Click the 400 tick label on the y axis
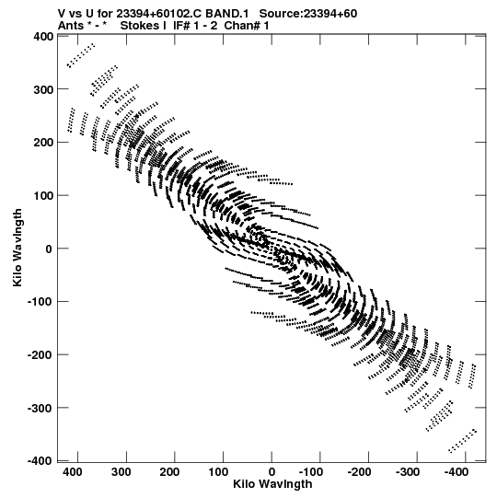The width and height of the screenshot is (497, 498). (x=43, y=37)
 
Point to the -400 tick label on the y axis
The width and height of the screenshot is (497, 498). (x=40, y=460)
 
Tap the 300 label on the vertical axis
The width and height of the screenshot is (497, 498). (x=43, y=89)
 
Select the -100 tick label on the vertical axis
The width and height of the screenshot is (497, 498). (x=40, y=301)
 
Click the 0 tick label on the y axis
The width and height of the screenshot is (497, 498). (x=49, y=249)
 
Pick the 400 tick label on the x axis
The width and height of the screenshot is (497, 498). (x=73, y=472)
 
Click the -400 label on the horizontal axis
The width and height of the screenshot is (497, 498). (x=456, y=472)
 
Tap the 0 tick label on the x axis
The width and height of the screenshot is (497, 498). (x=272, y=472)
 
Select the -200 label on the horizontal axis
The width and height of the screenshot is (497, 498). (x=359, y=472)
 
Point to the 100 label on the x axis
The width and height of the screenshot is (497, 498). (x=218, y=472)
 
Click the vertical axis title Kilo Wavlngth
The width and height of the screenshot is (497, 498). (x=17, y=248)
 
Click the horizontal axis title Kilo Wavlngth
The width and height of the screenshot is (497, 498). (x=272, y=484)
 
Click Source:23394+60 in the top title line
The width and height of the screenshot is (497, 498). (x=308, y=14)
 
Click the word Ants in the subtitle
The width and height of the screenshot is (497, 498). (x=71, y=26)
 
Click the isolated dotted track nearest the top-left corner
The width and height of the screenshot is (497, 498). (x=81, y=55)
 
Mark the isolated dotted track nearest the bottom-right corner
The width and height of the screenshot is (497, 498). (x=462, y=441)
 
